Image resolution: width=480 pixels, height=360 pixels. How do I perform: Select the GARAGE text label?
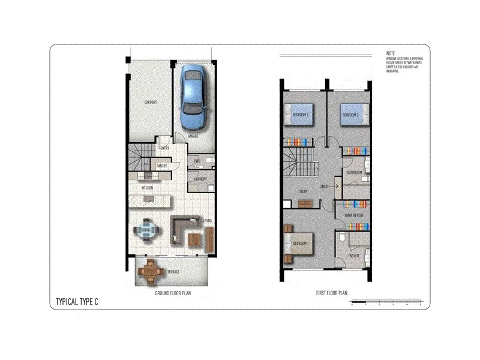(x=193, y=136)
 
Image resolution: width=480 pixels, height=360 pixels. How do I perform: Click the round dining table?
(x=146, y=230)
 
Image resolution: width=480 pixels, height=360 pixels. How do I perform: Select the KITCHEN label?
(x=147, y=188)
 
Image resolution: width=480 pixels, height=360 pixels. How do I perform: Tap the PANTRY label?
(x=161, y=166)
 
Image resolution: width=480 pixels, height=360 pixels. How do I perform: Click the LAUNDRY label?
(x=200, y=178)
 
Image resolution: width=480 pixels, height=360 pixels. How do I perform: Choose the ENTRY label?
(x=164, y=149)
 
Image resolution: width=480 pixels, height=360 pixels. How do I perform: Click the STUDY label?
(x=303, y=192)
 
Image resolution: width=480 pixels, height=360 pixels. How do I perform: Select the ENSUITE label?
(x=354, y=256)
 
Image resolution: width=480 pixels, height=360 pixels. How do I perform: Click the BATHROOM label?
(x=355, y=173)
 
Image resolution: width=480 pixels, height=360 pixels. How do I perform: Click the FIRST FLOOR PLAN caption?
(x=332, y=293)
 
